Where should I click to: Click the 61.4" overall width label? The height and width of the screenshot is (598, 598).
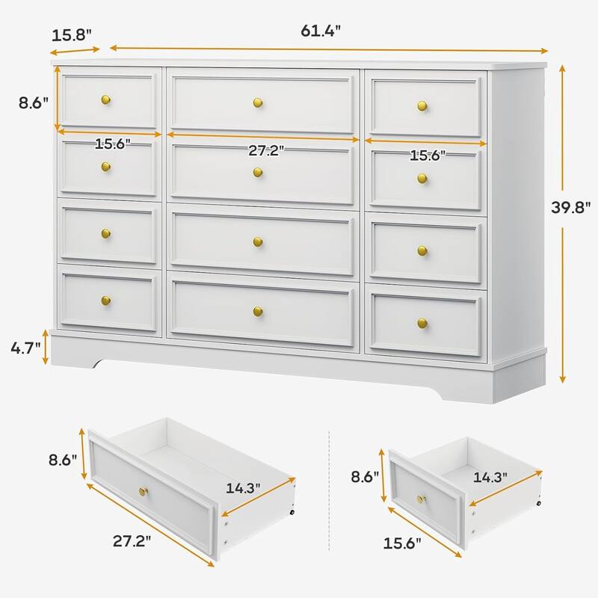pyautogui.click(x=321, y=31)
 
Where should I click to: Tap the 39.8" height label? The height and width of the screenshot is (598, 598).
pyautogui.click(x=570, y=208)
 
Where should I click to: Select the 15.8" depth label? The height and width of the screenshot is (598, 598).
pyautogui.click(x=71, y=35)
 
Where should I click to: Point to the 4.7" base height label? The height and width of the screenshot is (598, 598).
pyautogui.click(x=25, y=348)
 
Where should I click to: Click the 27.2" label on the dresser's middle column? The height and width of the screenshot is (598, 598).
pyautogui.click(x=266, y=151)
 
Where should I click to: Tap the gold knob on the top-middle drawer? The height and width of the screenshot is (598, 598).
pyautogui.click(x=258, y=102)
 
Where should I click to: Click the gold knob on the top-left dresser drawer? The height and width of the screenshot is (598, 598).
pyautogui.click(x=106, y=100)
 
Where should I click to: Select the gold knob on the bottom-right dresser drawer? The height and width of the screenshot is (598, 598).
pyautogui.click(x=422, y=324)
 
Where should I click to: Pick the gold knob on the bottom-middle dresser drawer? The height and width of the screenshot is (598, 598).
pyautogui.click(x=258, y=312)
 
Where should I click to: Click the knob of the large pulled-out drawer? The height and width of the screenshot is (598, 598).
pyautogui.click(x=144, y=491)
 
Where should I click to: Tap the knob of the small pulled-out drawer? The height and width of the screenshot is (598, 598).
pyautogui.click(x=421, y=499)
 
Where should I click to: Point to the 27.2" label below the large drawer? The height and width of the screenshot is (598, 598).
pyautogui.click(x=132, y=540)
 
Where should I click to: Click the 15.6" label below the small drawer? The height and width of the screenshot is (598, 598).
pyautogui.click(x=402, y=543)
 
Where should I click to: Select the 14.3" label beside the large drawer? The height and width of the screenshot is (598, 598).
pyautogui.click(x=243, y=488)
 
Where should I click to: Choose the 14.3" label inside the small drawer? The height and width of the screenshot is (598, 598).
pyautogui.click(x=490, y=477)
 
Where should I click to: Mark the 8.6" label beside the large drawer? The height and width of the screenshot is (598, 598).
pyautogui.click(x=63, y=460)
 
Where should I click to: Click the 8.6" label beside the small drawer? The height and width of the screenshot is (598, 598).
pyautogui.click(x=365, y=476)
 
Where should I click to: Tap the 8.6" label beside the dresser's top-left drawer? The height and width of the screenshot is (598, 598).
pyautogui.click(x=34, y=103)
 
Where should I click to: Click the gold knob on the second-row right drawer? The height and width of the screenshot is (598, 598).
pyautogui.click(x=422, y=179)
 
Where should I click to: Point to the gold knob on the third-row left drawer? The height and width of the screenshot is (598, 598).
pyautogui.click(x=106, y=233)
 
